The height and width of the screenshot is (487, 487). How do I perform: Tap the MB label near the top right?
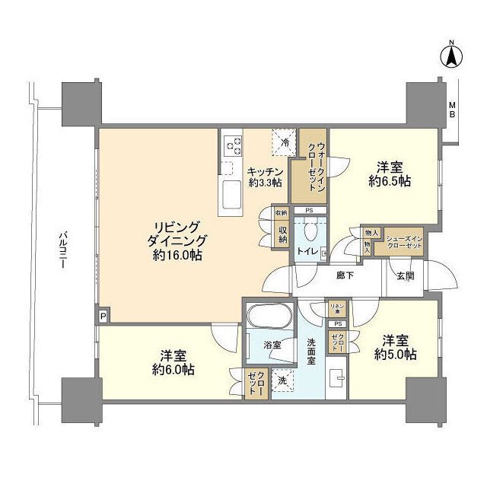click(x=451, y=110)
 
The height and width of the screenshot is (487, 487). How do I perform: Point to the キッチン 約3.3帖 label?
click(x=264, y=177)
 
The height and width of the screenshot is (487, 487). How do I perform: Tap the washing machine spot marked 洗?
click(x=282, y=380)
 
